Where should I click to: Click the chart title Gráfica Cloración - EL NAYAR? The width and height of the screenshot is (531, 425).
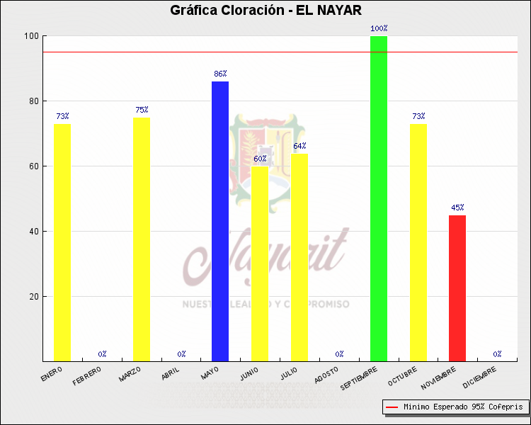coord(265,11)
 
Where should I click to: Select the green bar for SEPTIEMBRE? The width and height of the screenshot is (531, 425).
coord(379,198)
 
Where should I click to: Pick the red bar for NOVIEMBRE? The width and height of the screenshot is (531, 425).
coord(457,288)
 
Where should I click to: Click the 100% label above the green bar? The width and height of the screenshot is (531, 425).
coord(379,29)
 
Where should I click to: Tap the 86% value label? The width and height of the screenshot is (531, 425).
coord(220,74)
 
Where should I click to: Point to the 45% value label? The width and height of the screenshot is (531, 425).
coord(457,208)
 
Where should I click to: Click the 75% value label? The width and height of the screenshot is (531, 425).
coord(142,110)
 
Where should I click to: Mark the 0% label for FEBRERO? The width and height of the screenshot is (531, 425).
coord(102,353)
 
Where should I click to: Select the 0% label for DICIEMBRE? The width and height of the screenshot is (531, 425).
coord(497,353)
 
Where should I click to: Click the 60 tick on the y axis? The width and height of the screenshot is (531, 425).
coord(33,166)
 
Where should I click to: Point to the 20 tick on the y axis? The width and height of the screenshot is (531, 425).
coord(33,297)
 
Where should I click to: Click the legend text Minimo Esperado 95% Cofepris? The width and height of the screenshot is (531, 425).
coord(463,407)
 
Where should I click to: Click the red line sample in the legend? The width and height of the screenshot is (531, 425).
coord(392,407)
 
